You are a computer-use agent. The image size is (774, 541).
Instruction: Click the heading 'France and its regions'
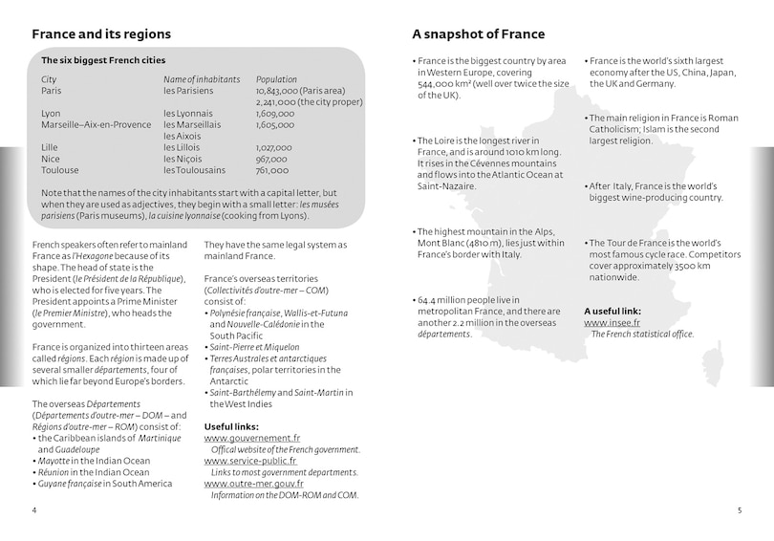coord(101,34)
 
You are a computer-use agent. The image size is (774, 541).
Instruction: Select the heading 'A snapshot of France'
coord(479,34)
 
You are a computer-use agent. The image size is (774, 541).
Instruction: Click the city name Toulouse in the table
coord(60,170)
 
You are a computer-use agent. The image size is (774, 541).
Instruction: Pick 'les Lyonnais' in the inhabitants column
coord(188,114)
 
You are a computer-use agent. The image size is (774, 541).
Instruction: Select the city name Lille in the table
coord(50,147)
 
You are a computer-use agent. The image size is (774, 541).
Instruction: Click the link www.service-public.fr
coord(250,461)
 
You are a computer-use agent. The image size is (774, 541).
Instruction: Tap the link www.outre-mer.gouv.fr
coord(253,484)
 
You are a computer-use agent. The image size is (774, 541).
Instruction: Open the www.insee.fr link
coord(613,323)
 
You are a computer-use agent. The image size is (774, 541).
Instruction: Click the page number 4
coord(34,510)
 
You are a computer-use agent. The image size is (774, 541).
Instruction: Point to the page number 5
coord(739,510)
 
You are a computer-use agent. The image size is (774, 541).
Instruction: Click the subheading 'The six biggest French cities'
coord(103,60)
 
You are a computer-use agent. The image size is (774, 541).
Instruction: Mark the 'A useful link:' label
coord(613,311)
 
